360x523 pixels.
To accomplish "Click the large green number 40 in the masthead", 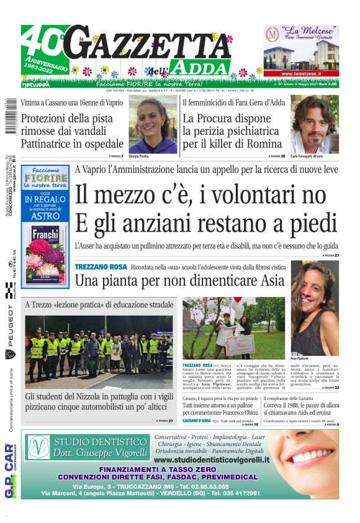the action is point(39,42).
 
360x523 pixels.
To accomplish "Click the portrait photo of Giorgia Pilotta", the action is point(152,124).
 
